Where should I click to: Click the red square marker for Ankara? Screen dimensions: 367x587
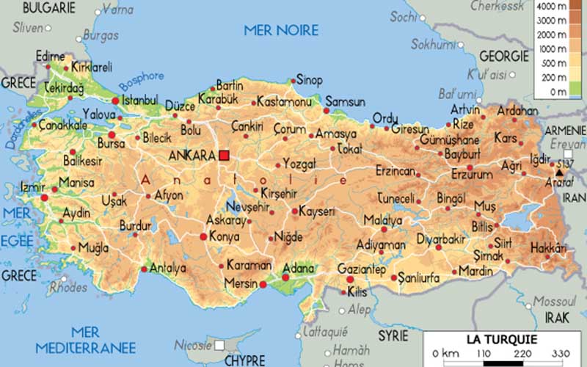(224, 155)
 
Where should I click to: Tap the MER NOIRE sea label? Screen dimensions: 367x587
(282, 30)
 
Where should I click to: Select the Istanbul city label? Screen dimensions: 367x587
(139, 100)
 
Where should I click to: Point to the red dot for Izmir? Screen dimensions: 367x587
(44, 197)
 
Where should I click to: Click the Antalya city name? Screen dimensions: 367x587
(167, 269)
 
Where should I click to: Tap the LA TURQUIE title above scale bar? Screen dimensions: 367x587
(502, 339)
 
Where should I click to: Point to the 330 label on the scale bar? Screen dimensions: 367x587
(560, 355)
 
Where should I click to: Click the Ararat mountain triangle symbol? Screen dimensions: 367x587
(558, 172)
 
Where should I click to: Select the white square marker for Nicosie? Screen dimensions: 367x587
(219, 345)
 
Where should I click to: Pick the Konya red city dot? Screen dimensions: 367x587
(203, 236)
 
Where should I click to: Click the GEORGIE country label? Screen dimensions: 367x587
(504, 57)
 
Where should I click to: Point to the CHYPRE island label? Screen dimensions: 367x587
(244, 361)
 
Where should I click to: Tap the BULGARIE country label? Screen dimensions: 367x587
(48, 8)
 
